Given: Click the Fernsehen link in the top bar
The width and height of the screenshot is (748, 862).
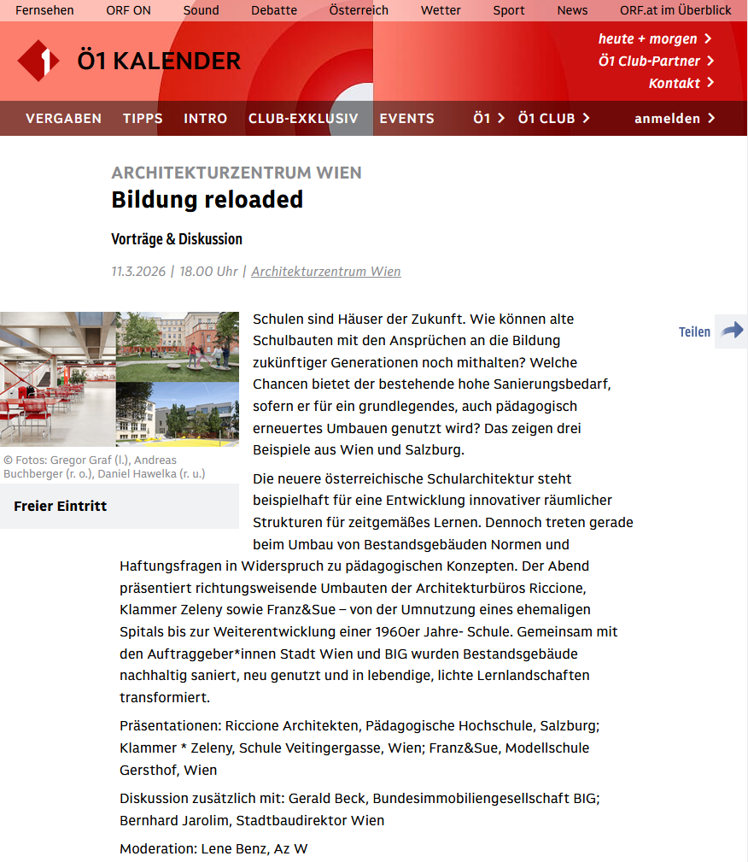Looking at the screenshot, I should click(x=44, y=10).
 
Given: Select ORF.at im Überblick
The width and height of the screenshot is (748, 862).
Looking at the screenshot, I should click(x=675, y=10).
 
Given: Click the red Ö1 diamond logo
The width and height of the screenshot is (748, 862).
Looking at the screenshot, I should click(x=38, y=61).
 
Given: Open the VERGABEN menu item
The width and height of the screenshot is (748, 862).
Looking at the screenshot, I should click(x=63, y=119).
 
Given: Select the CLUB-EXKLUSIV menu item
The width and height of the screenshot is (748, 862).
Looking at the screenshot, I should click(x=303, y=119).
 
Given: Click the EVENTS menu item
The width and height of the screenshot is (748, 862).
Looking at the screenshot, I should click(x=406, y=119).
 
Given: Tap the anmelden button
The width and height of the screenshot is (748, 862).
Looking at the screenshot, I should click(x=675, y=119).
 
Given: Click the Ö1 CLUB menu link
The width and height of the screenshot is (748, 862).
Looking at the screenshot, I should click(x=553, y=119).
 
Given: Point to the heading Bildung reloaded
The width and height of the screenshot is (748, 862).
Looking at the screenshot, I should click(x=207, y=200).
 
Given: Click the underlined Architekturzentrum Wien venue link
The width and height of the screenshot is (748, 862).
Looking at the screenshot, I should click(x=325, y=272).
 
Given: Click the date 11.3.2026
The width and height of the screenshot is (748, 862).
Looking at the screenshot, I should click(x=138, y=272).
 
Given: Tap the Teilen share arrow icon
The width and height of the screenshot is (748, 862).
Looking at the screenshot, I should click(x=731, y=331).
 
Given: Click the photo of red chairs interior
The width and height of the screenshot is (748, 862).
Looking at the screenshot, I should click(x=57, y=379).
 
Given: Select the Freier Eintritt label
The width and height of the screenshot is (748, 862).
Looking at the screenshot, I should click(x=61, y=507).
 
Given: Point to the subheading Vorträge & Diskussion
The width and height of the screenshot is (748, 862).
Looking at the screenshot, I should click(x=177, y=239).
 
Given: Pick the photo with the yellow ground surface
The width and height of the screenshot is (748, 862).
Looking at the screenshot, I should click(x=178, y=414).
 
